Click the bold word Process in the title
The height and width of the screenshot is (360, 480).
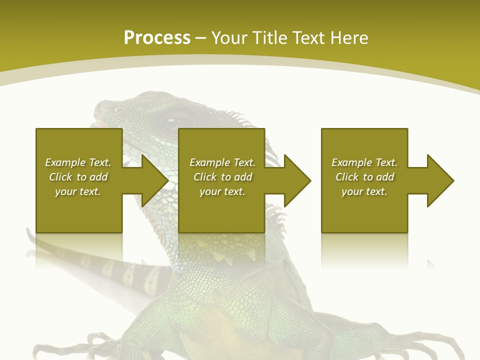point(157,38)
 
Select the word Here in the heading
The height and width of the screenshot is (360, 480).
point(348,38)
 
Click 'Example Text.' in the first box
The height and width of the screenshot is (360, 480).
point(78,162)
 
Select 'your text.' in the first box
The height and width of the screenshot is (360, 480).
point(78,191)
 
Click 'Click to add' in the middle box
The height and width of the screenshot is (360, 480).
point(222,177)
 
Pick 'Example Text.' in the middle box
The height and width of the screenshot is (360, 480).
point(222,162)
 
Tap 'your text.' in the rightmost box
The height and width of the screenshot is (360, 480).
point(364,191)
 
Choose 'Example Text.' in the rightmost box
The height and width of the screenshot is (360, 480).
point(364,162)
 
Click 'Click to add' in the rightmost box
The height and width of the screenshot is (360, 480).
point(364,177)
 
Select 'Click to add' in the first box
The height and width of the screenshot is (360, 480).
point(78,177)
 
